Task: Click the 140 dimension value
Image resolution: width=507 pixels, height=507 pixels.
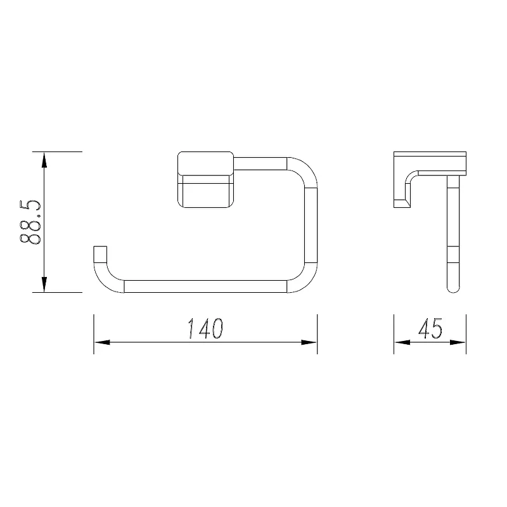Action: (205, 328)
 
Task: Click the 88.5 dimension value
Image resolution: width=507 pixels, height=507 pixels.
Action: (30, 222)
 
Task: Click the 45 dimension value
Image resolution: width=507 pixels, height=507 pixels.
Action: (430, 328)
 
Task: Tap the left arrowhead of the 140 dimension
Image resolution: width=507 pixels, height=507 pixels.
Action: (102, 342)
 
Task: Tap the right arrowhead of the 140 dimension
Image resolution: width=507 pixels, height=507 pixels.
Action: (309, 342)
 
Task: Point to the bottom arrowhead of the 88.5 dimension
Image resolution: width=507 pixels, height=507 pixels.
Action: (44, 284)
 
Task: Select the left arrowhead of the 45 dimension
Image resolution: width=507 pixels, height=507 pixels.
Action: (402, 342)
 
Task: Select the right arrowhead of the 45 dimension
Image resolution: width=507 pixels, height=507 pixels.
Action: (458, 342)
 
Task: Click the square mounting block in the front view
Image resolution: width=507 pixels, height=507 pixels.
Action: (205, 179)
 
